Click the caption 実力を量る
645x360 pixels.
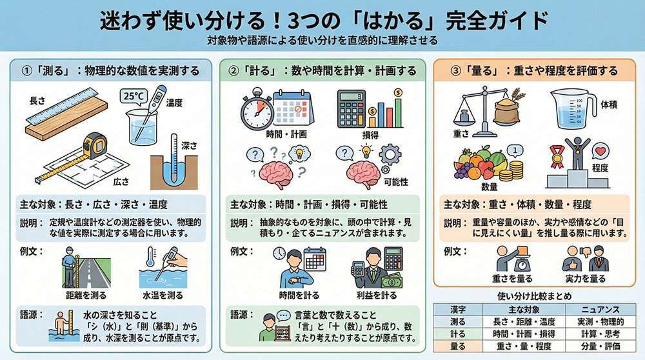pyautogui.click(x=586, y=279)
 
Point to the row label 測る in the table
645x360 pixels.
pyautogui.click(x=458, y=321)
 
